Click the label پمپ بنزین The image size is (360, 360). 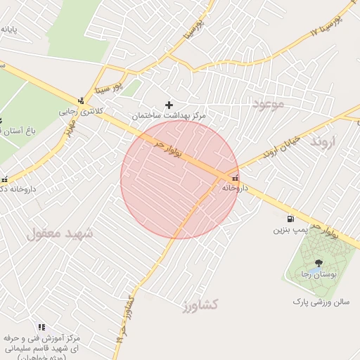pos(292,230)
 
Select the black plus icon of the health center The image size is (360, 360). pos(169,105)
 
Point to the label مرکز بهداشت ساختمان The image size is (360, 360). pos(168,115)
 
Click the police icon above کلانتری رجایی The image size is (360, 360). pos(82,101)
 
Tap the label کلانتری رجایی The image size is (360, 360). pos(75,111)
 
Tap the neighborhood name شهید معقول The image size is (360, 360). pos(59,233)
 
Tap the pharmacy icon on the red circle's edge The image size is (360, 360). pos(235,178)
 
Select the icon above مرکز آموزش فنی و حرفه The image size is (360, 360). pos(41,327)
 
